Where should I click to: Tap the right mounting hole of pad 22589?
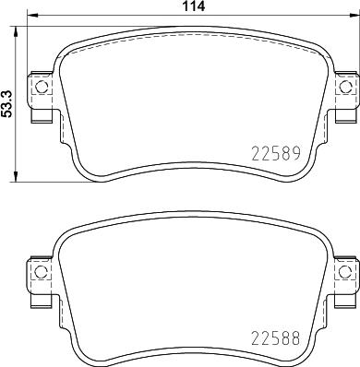[x=346, y=88]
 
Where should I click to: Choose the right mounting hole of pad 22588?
[x=346, y=274]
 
